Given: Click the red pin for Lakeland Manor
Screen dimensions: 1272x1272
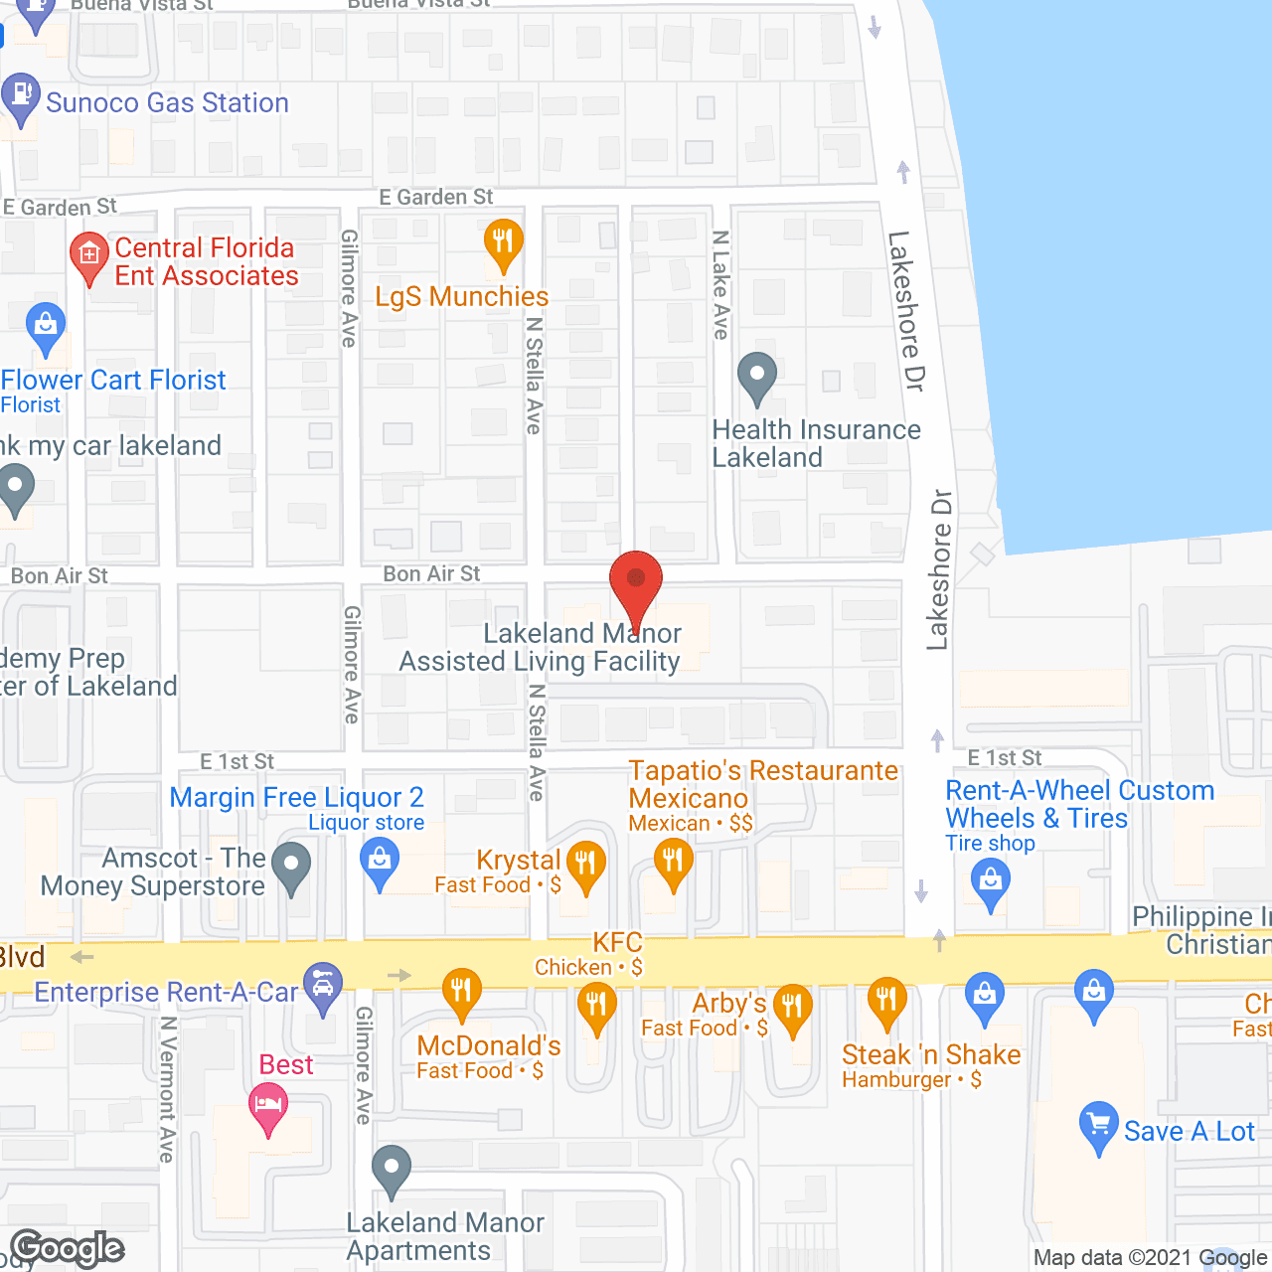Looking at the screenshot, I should [x=635, y=581].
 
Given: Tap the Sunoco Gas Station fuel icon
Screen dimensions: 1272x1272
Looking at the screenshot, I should [x=20, y=96].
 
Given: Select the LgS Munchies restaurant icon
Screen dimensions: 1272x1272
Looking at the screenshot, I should [x=504, y=241].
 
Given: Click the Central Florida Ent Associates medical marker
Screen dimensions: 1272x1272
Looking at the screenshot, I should [x=88, y=255].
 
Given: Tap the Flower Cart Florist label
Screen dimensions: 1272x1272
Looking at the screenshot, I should [x=113, y=380].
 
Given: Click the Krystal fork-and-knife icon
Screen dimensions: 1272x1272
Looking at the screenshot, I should [x=585, y=864].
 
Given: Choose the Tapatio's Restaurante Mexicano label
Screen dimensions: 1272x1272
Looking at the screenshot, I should [x=763, y=784].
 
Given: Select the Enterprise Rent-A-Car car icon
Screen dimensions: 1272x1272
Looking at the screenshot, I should [x=323, y=986].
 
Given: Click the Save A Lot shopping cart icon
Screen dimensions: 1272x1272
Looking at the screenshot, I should [x=1098, y=1125].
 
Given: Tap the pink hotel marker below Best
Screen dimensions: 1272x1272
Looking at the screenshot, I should [x=268, y=1105].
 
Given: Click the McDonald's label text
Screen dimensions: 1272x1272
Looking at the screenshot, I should [x=489, y=1045].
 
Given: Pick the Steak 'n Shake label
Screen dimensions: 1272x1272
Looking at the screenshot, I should [x=931, y=1054].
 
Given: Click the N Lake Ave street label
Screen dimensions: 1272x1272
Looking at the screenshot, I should [x=721, y=285].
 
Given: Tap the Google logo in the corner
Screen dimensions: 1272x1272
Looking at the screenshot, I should [x=68, y=1248].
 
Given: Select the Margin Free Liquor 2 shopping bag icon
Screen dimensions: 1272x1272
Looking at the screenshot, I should [x=380, y=860].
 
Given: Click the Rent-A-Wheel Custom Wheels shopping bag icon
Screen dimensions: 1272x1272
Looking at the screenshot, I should [x=990, y=881].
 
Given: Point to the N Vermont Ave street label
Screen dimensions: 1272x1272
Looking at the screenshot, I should [x=167, y=1089].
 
